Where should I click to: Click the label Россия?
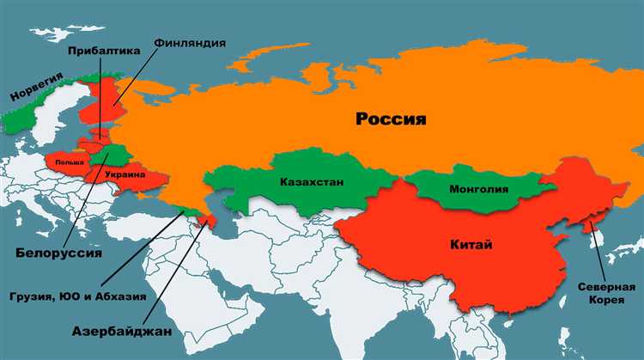pyautogui.click(x=391, y=119)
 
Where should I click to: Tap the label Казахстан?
pyautogui.click(x=308, y=182)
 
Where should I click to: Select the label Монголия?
pyautogui.click(x=478, y=189)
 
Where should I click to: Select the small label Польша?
pyautogui.click(x=68, y=162)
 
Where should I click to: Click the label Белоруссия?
pyautogui.click(x=59, y=253)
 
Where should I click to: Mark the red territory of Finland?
pyautogui.click(x=97, y=107)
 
